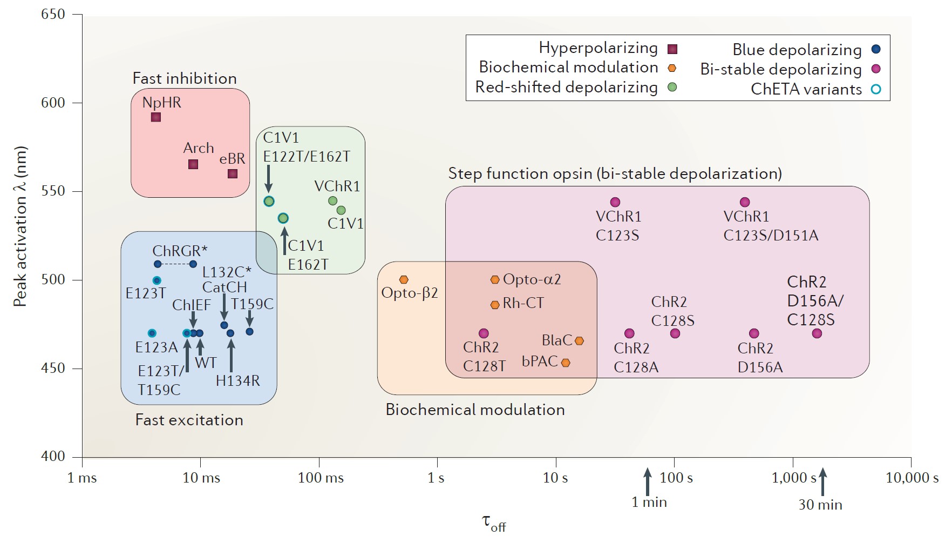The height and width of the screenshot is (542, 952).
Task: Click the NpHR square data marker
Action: point(156,117)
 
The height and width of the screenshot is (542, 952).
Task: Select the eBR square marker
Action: point(233,173)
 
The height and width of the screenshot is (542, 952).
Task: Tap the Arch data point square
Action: point(193,164)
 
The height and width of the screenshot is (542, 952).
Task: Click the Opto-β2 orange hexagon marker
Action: point(404,280)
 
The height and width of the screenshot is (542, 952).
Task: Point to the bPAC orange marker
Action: point(566,363)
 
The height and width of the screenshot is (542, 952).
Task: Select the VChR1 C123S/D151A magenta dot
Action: point(745,202)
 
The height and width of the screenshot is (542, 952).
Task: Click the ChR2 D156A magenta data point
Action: point(754,333)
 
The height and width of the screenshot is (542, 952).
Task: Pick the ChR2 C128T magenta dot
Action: point(484,333)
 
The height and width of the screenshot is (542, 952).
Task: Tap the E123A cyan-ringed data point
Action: point(152,333)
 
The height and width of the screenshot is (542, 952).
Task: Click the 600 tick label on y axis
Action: point(53,103)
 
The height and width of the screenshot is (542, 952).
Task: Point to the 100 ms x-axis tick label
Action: point(321,478)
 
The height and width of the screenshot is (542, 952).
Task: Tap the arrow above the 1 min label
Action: point(648,481)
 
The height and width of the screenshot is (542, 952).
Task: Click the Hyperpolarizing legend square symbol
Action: point(672,49)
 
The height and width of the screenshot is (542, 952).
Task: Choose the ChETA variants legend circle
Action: point(876,89)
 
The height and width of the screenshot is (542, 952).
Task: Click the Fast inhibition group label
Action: point(185,78)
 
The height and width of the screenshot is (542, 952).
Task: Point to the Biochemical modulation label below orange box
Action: point(475,410)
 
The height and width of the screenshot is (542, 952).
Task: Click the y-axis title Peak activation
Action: point(20,227)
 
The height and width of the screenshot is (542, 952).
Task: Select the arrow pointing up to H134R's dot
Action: point(231,354)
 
